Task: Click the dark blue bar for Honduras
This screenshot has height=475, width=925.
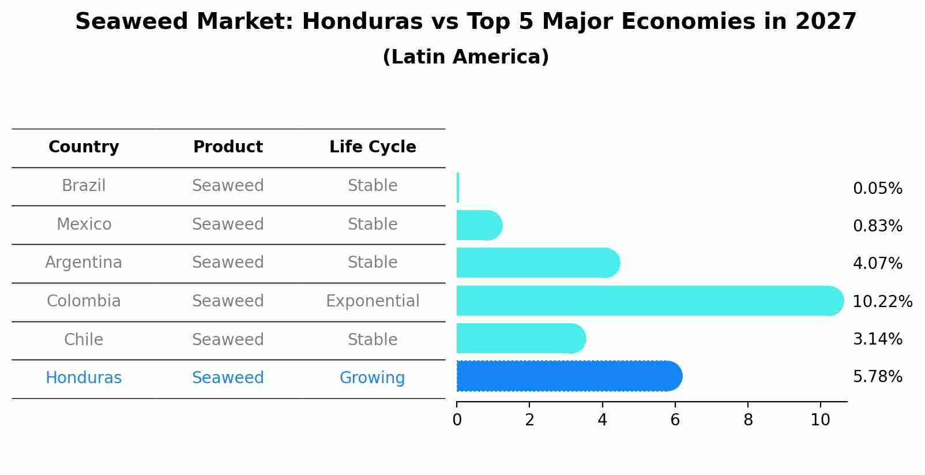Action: pos(568,376)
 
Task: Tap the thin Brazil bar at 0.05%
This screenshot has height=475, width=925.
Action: pos(458,188)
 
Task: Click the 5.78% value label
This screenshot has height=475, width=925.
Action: pos(877,377)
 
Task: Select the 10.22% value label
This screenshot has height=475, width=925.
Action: pos(882,301)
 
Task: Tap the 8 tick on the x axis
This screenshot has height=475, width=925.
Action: pos(748,420)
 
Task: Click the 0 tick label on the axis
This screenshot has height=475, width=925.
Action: pos(457,420)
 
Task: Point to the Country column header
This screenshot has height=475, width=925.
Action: pos(84,147)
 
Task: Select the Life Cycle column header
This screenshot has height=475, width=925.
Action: pos(373,147)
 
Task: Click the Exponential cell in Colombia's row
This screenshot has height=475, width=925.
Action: pos(373,301)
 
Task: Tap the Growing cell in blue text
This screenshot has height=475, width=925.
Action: pos(372,378)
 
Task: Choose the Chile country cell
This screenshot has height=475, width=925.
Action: pos(84,339)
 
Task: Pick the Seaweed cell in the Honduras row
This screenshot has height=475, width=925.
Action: pos(228,378)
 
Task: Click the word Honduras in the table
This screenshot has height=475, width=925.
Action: pos(84,378)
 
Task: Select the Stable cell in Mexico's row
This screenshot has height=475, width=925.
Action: pos(373,225)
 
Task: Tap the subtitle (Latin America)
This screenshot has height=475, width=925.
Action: pos(465,57)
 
